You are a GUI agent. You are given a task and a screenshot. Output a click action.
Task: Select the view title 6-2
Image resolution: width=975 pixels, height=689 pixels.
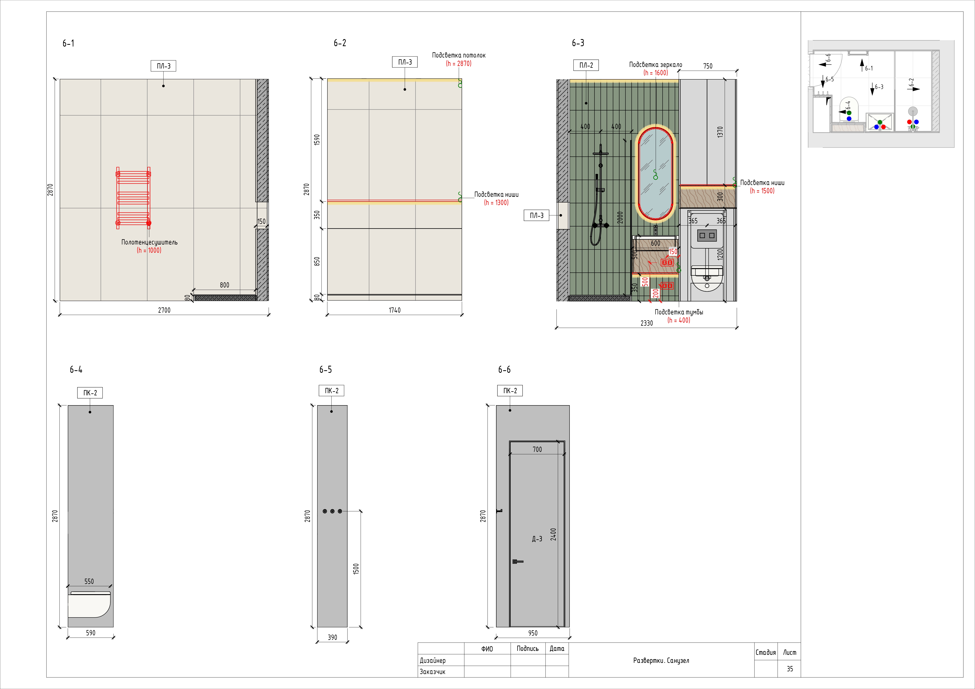click(x=340, y=43)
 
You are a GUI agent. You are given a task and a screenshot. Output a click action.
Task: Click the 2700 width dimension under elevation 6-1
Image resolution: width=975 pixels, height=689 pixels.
click(x=164, y=310)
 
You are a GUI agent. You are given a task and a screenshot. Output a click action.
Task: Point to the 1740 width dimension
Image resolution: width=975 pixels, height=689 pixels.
click(x=394, y=310)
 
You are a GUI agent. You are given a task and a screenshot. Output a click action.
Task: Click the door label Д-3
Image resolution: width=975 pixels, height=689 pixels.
click(x=537, y=539)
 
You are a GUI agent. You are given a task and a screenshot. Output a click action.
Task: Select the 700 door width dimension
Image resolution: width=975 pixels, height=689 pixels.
click(x=537, y=449)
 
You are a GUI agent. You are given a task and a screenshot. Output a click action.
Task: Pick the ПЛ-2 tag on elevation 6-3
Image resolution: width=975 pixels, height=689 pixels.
click(x=586, y=65)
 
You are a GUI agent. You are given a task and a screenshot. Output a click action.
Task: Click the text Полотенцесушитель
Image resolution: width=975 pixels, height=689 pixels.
click(x=150, y=242)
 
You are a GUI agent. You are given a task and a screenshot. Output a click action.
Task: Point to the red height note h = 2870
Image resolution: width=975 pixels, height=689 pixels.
click(x=459, y=64)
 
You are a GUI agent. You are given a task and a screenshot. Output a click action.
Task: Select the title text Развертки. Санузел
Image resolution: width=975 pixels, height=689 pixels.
click(x=661, y=661)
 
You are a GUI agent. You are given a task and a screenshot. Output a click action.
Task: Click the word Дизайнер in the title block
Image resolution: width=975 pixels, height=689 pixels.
click(x=433, y=661)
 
